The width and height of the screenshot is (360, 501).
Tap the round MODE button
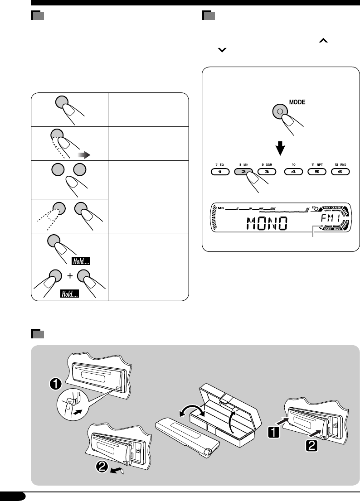(280, 111)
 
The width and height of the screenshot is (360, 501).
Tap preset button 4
(294, 172)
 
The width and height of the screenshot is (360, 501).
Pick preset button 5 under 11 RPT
(317, 172)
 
